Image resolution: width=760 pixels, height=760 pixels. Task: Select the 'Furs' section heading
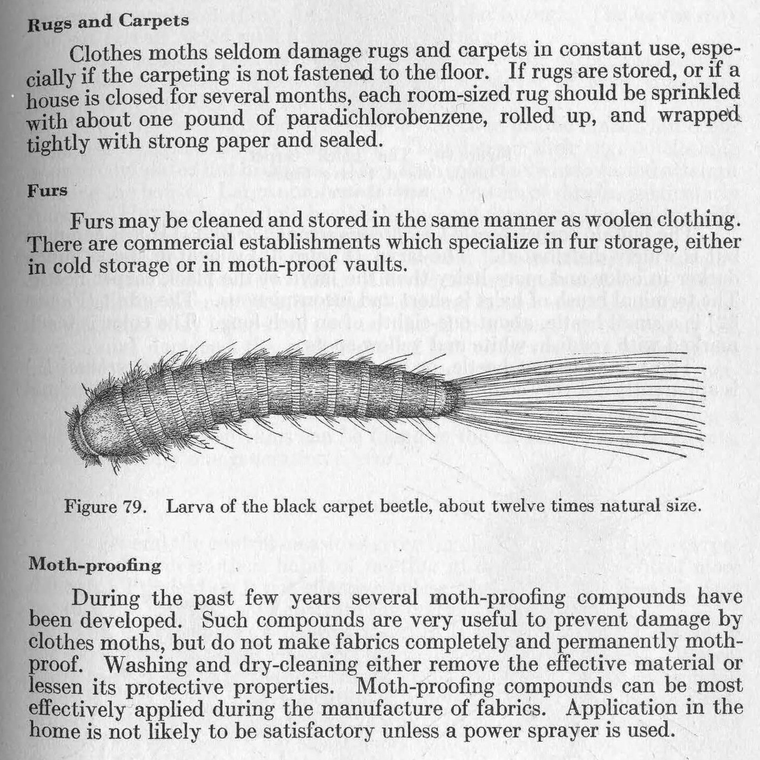pos(48,191)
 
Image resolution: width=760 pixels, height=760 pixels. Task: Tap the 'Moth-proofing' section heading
pos(95,565)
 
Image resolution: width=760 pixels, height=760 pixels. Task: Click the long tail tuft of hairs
pos(582,402)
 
